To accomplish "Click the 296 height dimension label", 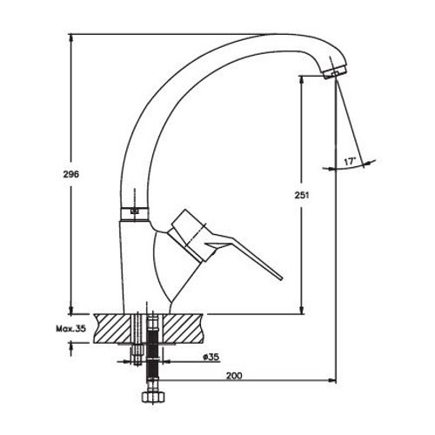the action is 70,175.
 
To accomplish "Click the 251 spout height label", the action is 302,195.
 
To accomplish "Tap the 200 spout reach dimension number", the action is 234,376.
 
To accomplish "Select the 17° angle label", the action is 350,162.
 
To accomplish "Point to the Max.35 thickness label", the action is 71,329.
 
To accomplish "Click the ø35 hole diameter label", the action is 211,357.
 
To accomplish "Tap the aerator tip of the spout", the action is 334,71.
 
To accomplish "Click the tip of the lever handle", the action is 281,278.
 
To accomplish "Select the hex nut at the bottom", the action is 153,397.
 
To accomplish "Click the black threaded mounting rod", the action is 152,359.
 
